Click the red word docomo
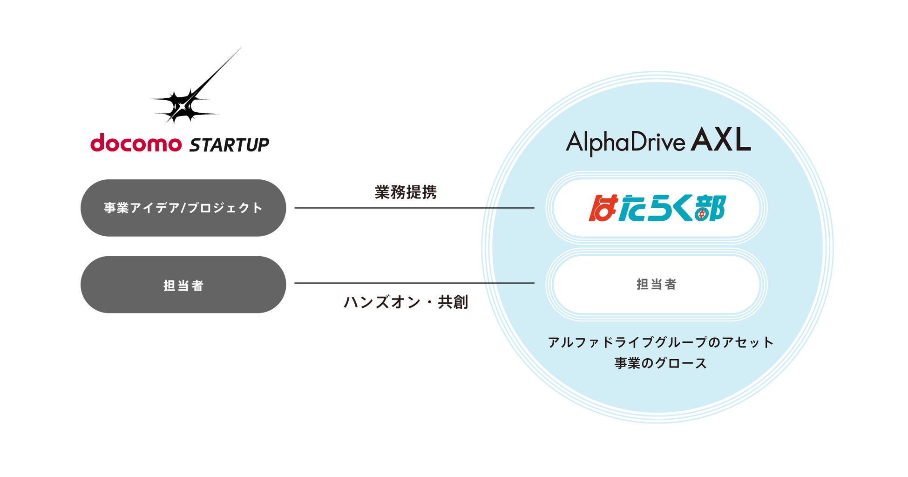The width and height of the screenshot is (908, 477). (x=136, y=143)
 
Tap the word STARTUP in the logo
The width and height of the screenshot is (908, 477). (x=229, y=145)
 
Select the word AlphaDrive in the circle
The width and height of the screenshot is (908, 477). (x=625, y=142)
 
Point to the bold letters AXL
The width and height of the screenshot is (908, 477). (x=721, y=140)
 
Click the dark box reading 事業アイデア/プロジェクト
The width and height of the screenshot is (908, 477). (x=183, y=208)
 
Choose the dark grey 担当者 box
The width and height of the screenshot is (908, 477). (x=183, y=285)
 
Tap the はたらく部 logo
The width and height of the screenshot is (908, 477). (x=657, y=208)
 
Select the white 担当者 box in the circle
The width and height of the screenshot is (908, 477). (x=657, y=284)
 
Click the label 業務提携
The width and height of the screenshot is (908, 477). (x=406, y=192)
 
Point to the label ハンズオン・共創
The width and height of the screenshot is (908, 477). (x=406, y=302)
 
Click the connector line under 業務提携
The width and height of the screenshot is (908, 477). (x=414, y=208)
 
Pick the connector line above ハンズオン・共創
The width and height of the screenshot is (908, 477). (x=414, y=283)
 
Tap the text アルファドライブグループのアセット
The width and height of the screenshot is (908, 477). (x=661, y=342)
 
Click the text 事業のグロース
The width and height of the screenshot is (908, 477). (x=661, y=363)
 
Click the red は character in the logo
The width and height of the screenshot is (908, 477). (x=603, y=208)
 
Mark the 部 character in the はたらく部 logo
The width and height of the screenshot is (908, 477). (x=710, y=208)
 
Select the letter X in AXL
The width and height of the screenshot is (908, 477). (x=721, y=140)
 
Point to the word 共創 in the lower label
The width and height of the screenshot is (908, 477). (x=453, y=302)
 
